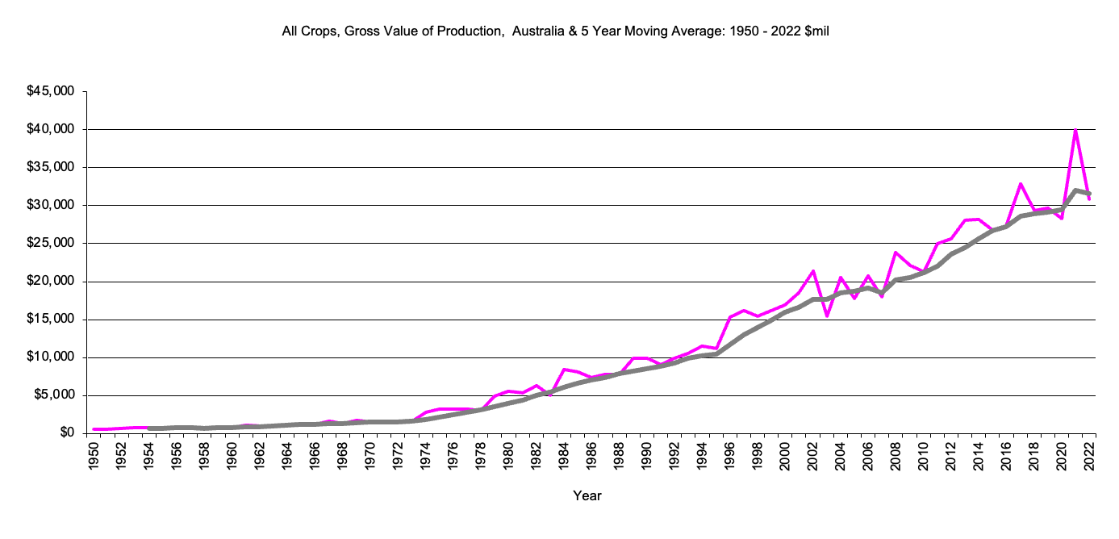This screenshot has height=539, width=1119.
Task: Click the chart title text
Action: [x=555, y=31]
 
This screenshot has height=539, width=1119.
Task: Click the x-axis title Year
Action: [x=587, y=495]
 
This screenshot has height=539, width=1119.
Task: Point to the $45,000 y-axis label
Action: [x=52, y=91]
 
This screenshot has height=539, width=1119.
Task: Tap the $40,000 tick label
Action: [x=52, y=129]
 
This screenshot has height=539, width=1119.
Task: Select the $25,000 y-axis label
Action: [x=52, y=243]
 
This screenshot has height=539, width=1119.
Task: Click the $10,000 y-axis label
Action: [x=52, y=357]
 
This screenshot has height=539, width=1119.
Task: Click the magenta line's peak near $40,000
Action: [x=1075, y=130]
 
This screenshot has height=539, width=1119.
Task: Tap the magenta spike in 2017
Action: [x=1021, y=184]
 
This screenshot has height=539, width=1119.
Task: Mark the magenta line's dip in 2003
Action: [x=827, y=315]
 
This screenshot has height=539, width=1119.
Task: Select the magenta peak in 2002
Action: [x=813, y=271]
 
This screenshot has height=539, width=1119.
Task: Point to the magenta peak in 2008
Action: [x=896, y=253]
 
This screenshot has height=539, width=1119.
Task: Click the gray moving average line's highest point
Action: [x=1075, y=190]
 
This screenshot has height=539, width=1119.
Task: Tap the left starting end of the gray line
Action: [x=151, y=428]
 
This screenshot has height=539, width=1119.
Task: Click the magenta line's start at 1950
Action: [x=95, y=429]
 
